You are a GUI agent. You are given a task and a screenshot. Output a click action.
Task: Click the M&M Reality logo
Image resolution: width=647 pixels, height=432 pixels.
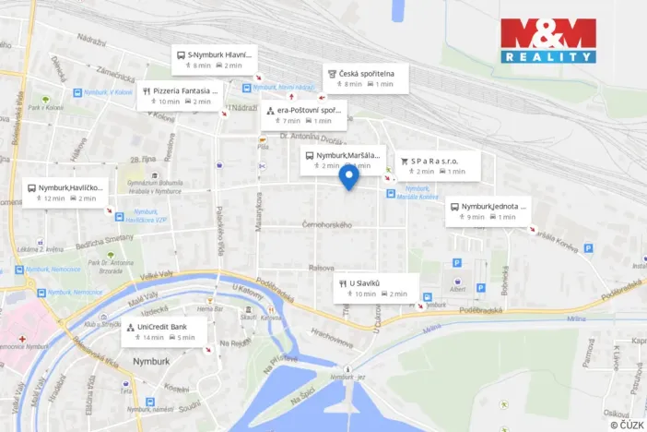(547, 41)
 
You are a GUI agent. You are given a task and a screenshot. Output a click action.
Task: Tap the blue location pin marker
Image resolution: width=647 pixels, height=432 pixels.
(348, 176)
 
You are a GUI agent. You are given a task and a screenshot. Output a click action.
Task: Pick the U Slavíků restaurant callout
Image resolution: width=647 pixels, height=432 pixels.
(376, 287)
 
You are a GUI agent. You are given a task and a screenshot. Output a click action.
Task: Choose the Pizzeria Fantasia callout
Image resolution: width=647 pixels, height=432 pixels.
(181, 96)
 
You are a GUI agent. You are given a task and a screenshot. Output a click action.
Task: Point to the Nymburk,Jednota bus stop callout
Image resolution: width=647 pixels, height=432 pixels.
(488, 210)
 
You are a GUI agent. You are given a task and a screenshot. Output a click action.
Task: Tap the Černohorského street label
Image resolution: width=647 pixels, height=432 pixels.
(327, 224)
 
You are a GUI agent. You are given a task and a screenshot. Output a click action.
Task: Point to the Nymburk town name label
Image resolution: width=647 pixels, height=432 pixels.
(152, 362)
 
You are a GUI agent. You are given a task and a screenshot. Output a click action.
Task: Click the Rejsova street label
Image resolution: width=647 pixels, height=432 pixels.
(322, 268)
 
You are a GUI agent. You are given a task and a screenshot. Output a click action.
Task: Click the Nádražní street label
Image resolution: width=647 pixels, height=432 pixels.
(91, 41)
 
